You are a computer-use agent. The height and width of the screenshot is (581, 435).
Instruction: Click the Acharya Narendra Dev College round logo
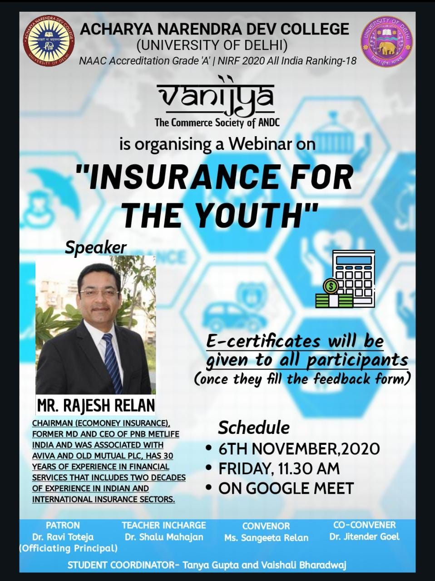pyautogui.click(x=48, y=41)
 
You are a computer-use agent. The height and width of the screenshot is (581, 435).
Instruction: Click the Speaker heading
pyautogui.click(x=96, y=248)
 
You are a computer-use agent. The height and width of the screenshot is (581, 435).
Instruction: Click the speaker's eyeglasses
pyautogui.click(x=99, y=292)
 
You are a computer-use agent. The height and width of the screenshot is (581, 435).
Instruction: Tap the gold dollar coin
pyautogui.click(x=331, y=286)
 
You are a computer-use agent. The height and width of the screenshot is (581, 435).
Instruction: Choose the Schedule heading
pyautogui.click(x=254, y=428)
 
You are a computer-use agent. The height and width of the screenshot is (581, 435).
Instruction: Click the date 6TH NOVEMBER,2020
pyautogui.click(x=299, y=449)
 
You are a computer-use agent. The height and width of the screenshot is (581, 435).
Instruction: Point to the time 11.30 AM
pyautogui.click(x=309, y=469)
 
